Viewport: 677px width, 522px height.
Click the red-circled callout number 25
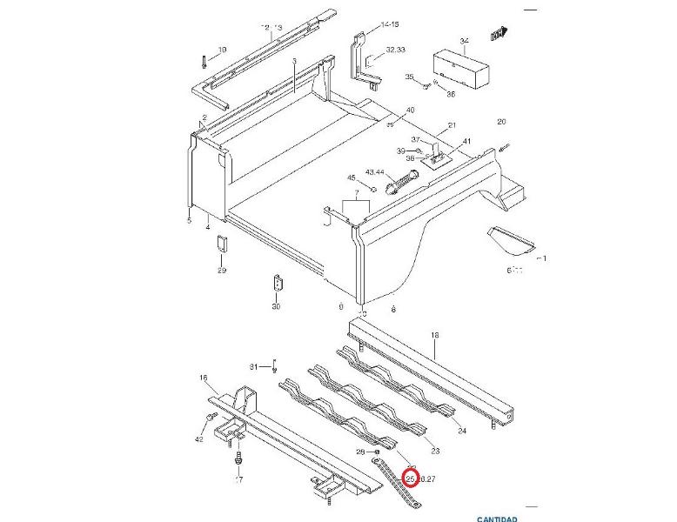(411, 477)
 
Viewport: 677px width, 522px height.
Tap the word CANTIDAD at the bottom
(498, 519)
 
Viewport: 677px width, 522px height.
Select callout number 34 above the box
(464, 41)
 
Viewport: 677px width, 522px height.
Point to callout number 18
(435, 335)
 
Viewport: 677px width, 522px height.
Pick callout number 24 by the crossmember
(461, 431)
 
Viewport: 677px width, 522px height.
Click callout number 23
(435, 451)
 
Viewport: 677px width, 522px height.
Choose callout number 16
(204, 378)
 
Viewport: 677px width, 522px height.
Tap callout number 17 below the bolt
(238, 479)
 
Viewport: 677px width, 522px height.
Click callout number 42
(199, 440)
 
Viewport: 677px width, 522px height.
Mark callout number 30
(276, 307)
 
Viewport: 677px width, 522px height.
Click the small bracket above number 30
(278, 286)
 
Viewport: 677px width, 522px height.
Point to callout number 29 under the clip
(222, 271)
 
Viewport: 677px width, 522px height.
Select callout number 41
(466, 141)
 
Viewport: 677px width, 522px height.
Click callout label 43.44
(376, 172)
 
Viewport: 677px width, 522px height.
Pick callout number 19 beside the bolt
(222, 50)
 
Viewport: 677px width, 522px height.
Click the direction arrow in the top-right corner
(499, 35)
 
